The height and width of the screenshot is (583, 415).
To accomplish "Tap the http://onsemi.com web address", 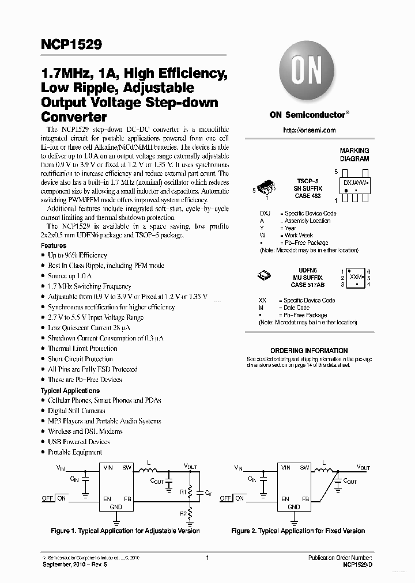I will (x=309, y=130).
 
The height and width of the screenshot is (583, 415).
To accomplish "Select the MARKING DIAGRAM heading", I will (x=354, y=154).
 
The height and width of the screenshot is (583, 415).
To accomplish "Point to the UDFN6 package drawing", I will (x=265, y=275).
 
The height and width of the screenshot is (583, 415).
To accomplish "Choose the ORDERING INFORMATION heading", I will (x=309, y=350).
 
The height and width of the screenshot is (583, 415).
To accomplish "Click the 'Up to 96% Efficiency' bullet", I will (x=77, y=255).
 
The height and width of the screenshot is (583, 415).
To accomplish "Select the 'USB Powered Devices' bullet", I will (x=78, y=442).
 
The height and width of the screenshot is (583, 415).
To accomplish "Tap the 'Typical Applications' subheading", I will (x=70, y=391).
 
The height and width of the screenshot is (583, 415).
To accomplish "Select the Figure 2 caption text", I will (x=298, y=531).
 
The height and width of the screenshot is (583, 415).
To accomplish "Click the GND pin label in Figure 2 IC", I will (x=293, y=507).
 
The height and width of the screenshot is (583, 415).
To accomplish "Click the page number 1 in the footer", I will (x=207, y=558).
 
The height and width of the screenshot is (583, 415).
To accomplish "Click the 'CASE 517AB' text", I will (x=308, y=283).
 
